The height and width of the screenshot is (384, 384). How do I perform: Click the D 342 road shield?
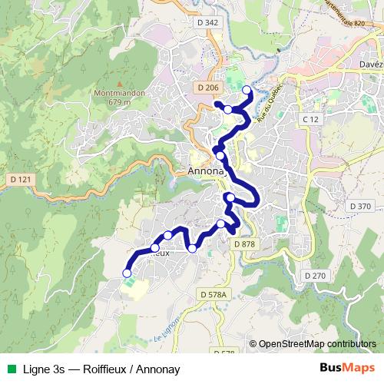[208, 23]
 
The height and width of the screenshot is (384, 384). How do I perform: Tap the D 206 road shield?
[208, 88]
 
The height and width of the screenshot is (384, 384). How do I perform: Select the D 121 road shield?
[20, 179]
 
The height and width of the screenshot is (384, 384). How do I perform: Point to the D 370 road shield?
[359, 206]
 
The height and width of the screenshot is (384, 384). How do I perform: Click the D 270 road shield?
[315, 275]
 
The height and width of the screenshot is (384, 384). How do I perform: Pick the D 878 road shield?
[243, 243]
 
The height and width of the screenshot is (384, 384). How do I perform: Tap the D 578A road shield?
[214, 294]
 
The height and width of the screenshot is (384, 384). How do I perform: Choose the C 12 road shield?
[310, 120]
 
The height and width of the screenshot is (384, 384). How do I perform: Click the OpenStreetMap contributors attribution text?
[318, 345]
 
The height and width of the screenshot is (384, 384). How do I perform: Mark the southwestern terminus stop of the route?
[127, 273]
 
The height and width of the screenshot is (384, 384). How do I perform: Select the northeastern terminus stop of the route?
[247, 91]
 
